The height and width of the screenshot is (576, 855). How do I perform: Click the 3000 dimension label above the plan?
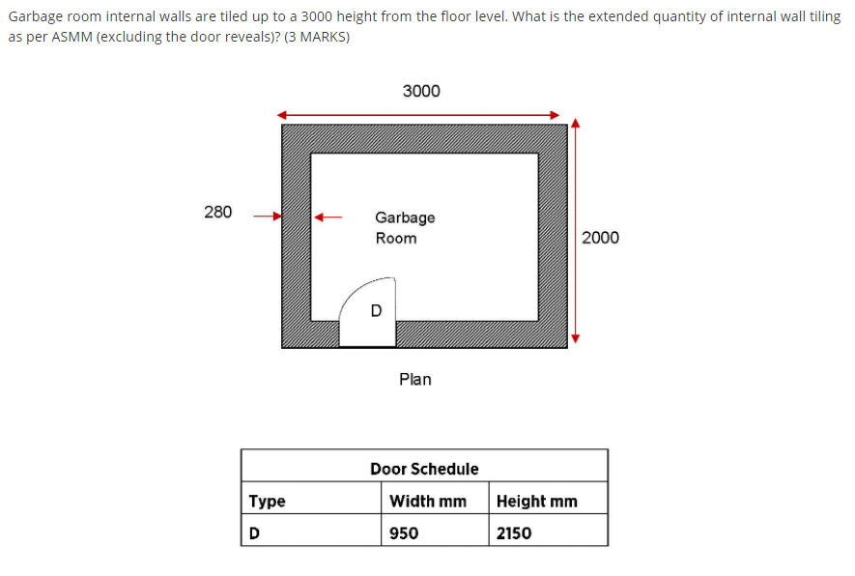(x=420, y=91)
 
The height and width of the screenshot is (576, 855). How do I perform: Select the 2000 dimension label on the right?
(x=600, y=238)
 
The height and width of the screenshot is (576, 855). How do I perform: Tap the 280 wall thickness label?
(x=218, y=212)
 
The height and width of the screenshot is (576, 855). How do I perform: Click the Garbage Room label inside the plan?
(x=405, y=228)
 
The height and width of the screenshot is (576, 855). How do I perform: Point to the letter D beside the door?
(x=377, y=310)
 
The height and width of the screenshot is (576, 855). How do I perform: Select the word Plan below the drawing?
(x=415, y=380)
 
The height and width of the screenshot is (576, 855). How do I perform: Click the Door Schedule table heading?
(x=424, y=469)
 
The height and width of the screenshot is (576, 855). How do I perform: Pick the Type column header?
(x=268, y=501)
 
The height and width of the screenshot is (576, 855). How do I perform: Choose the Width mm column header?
(x=427, y=501)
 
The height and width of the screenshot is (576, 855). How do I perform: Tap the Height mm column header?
(x=536, y=501)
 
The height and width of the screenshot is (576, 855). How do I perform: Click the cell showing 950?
(x=404, y=533)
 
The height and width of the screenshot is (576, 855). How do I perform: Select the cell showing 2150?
(x=514, y=533)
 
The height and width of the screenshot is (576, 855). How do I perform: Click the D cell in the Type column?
(x=255, y=533)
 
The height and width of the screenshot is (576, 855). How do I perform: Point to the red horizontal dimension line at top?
(x=420, y=114)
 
